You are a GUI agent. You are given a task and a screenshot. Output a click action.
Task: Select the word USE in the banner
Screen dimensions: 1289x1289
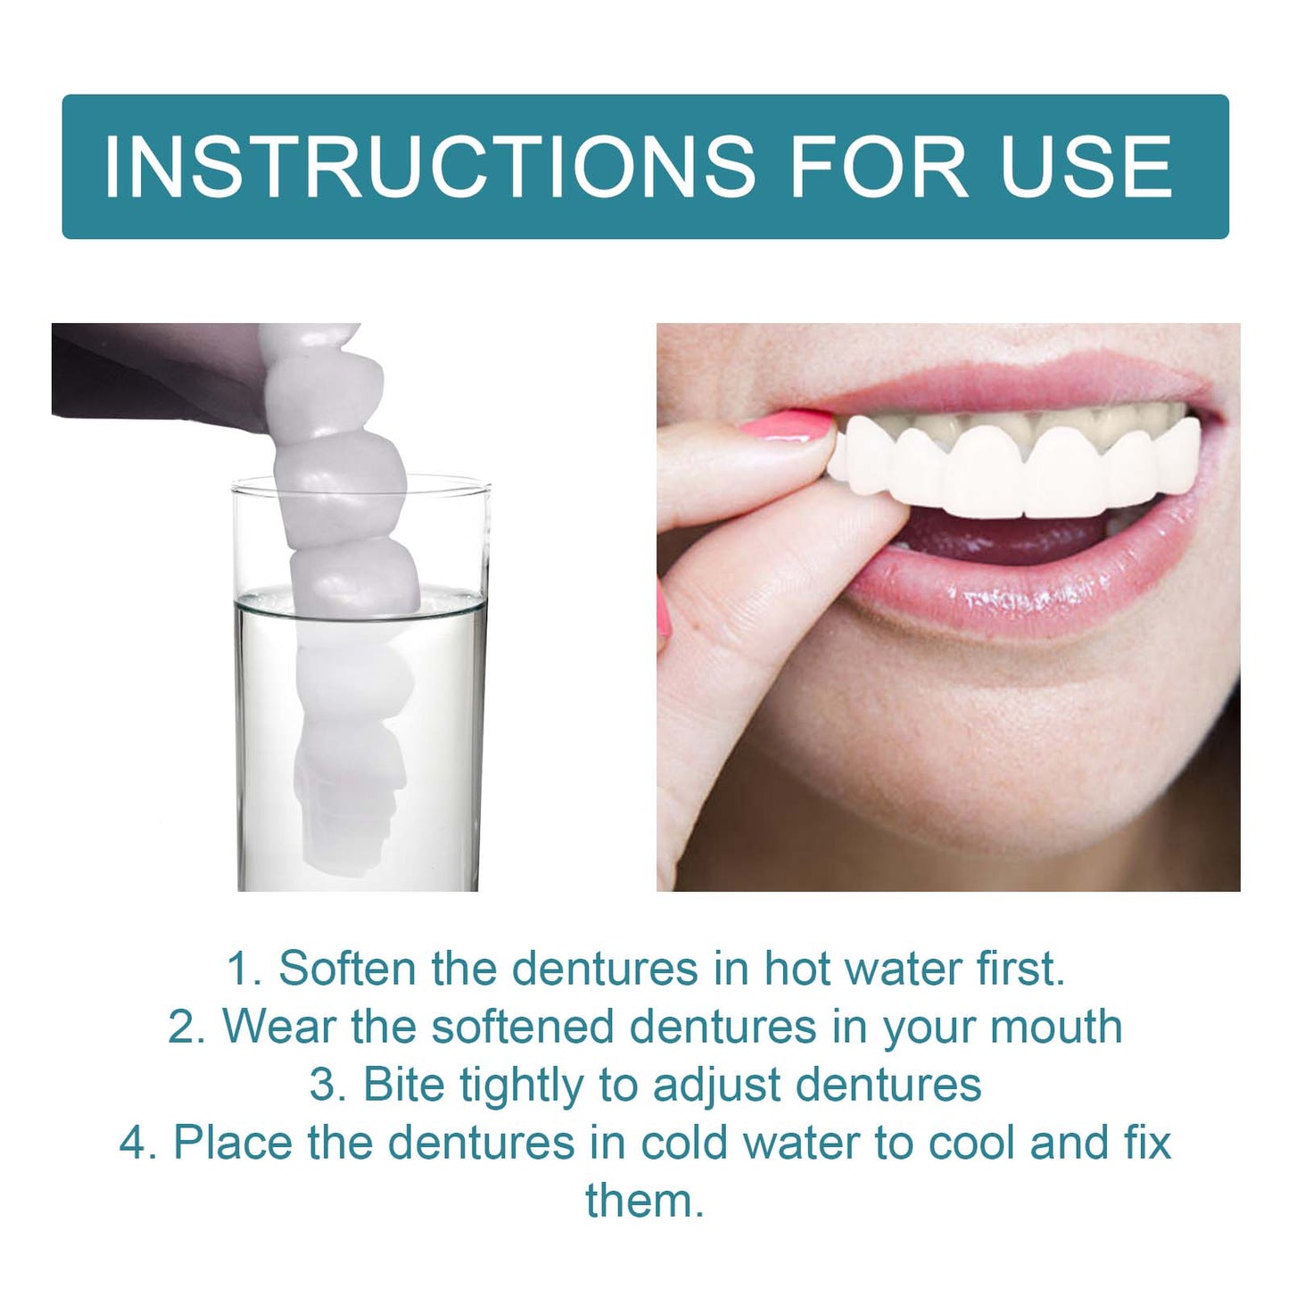[x=1086, y=167]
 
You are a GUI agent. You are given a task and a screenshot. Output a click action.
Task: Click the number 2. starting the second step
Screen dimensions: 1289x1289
[x=186, y=1027]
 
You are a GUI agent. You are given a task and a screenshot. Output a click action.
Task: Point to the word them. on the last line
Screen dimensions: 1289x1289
[x=645, y=1201]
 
